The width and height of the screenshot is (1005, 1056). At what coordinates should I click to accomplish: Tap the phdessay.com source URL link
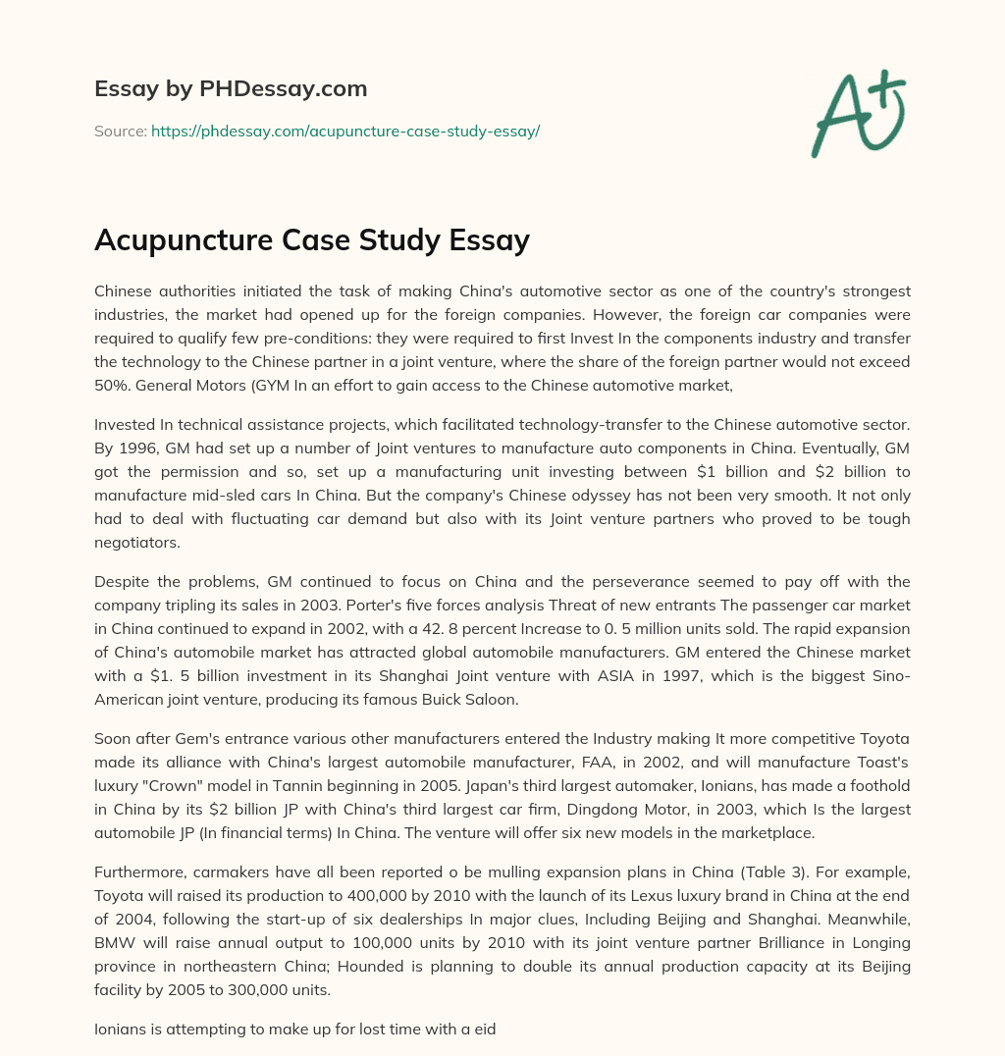(345, 131)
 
